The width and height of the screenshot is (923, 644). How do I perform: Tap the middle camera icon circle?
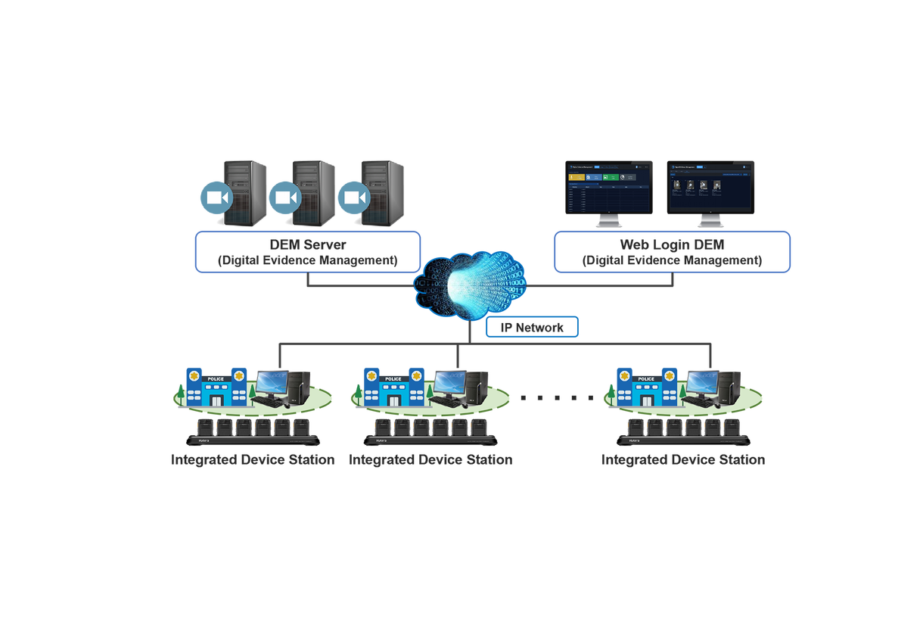pyautogui.click(x=285, y=198)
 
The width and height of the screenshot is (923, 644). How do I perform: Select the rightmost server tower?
pyautogui.click(x=384, y=192)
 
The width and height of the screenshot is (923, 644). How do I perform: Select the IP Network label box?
pyautogui.click(x=532, y=327)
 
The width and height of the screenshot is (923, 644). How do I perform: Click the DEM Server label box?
pyautogui.click(x=307, y=252)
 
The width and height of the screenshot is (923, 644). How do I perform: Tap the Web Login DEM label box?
pyautogui.click(x=672, y=252)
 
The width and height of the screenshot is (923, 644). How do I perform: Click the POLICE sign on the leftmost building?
pyautogui.click(x=216, y=378)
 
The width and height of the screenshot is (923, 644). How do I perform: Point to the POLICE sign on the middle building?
pyautogui.click(x=393, y=378)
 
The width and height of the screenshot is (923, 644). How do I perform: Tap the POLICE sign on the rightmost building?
pyautogui.click(x=646, y=378)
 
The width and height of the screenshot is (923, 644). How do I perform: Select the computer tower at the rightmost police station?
pyautogui.click(x=730, y=386)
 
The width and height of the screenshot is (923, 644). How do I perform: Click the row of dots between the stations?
pyautogui.click(x=558, y=398)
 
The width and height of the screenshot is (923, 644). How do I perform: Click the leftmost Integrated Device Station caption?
pyautogui.click(x=253, y=460)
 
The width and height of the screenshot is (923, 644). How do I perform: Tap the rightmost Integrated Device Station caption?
pyautogui.click(x=682, y=460)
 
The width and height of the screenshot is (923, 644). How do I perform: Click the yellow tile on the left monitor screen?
pyautogui.click(x=576, y=177)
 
